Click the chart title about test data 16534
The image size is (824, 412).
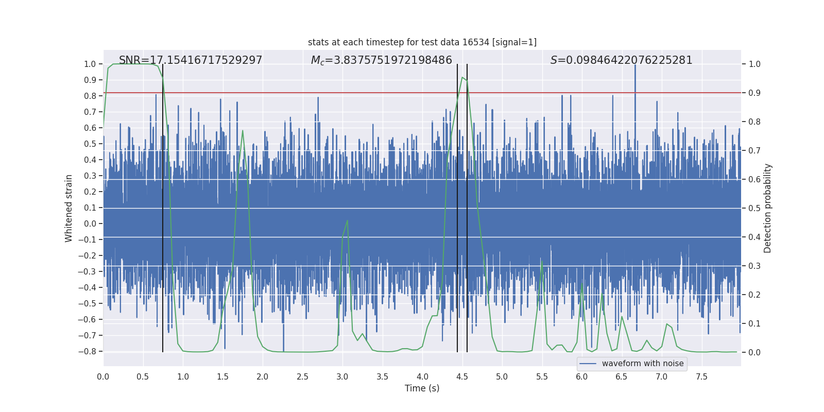(x=422, y=42)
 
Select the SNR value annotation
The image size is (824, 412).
(x=191, y=60)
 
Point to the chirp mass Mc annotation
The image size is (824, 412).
(x=381, y=60)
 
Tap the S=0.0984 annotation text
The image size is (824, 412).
(x=621, y=60)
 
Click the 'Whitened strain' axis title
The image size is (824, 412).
(x=69, y=208)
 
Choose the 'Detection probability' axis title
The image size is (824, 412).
(x=768, y=208)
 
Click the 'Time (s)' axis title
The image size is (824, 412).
(x=422, y=388)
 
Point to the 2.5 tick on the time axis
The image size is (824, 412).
(x=302, y=377)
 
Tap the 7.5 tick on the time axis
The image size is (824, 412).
(x=701, y=377)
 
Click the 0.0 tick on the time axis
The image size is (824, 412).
(x=103, y=377)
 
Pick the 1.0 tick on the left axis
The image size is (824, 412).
(x=90, y=64)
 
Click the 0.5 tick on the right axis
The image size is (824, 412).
(x=754, y=209)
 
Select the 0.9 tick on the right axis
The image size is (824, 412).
(x=754, y=93)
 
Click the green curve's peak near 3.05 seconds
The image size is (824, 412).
(x=347, y=220)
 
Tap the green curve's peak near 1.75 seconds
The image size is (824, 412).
(x=243, y=130)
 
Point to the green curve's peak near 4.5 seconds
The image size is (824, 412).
(x=462, y=77)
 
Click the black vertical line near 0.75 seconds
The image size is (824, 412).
(x=163, y=206)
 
